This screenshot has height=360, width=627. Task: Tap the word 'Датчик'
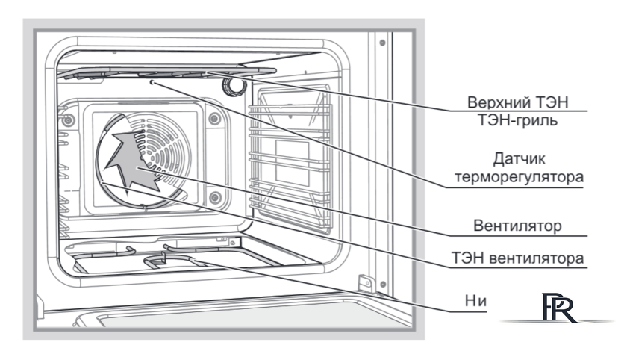coord(522,159)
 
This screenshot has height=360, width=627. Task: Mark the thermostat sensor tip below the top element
coord(152,84)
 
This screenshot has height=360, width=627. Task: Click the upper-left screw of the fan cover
coord(69,120)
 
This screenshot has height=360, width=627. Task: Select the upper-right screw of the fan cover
coord(214,118)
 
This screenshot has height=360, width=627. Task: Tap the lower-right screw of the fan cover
coord(215,197)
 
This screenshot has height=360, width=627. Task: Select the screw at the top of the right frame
coord(381,43)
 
